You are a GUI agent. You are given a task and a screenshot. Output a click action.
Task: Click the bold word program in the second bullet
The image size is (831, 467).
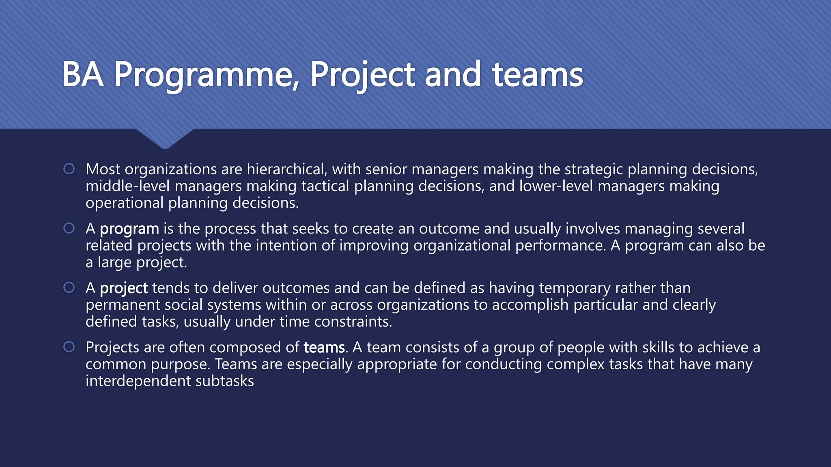tap(129, 229)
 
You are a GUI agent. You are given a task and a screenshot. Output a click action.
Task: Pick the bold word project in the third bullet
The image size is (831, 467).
tap(123, 288)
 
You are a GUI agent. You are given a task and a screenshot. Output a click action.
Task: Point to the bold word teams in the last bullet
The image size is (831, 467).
tap(325, 348)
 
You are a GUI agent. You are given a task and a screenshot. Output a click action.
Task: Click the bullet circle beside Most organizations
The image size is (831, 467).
tap(69, 169)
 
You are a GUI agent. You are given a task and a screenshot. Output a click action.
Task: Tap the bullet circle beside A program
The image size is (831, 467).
tap(69, 228)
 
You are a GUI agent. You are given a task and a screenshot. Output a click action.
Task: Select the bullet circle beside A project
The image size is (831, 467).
tap(69, 287)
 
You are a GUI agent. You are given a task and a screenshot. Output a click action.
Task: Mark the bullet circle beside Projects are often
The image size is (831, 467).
tap(69, 347)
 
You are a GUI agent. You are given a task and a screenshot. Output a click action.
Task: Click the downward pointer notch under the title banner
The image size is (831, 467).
tap(165, 139)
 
